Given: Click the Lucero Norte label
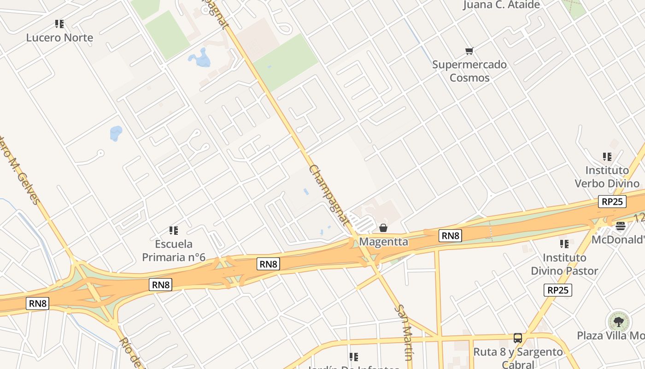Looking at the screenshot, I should (59, 38).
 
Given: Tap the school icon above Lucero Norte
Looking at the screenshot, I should (59, 24).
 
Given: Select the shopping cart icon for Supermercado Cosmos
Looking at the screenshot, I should (469, 51).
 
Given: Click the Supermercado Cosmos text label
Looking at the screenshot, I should (469, 71).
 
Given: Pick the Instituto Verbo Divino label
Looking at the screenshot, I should (607, 177).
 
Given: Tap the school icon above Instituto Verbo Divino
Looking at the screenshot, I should (607, 157).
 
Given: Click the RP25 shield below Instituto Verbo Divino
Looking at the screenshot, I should (612, 202).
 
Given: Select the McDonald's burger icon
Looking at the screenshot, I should (620, 226).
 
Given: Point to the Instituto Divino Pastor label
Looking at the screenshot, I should (564, 264).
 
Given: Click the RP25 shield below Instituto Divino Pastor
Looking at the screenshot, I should (557, 290).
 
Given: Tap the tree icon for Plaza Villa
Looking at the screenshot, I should (618, 321).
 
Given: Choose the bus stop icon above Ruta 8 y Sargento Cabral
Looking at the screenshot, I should (518, 338).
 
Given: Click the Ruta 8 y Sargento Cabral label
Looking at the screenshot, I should (518, 358).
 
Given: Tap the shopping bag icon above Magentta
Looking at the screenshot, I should (383, 228).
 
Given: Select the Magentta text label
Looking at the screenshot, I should (383, 242).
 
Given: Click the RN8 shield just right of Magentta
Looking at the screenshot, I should (450, 236).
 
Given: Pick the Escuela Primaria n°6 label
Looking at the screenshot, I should (174, 250).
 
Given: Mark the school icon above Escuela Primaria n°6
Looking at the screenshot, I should (174, 230).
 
